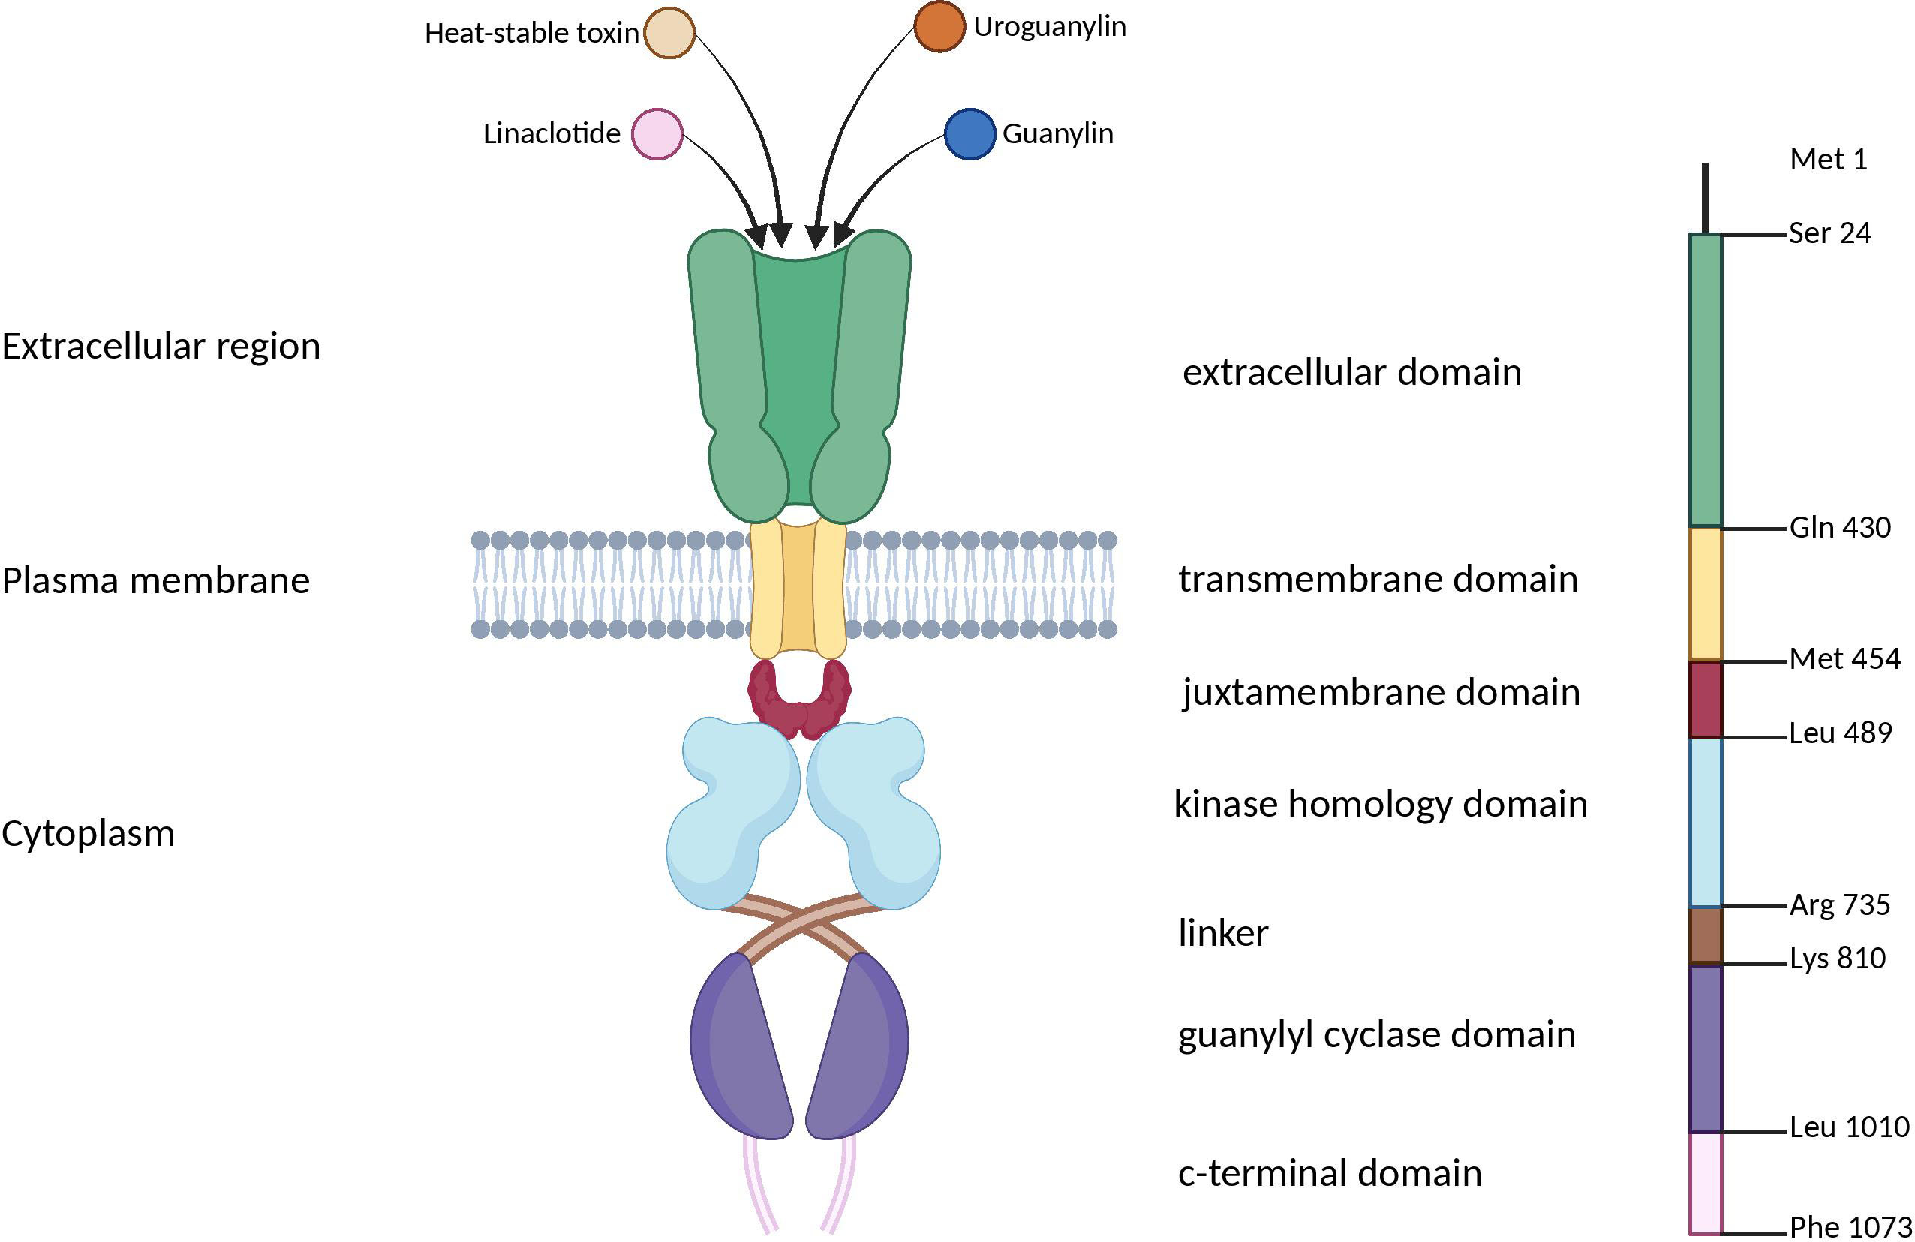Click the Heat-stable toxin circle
(x=669, y=33)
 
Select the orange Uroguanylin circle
(x=939, y=26)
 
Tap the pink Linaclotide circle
(x=657, y=134)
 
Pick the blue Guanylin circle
(x=970, y=134)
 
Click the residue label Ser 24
(x=1829, y=233)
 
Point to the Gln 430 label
(x=1839, y=528)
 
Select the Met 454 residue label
(x=1844, y=658)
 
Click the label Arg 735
(x=1839, y=905)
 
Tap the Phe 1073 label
(x=1850, y=1227)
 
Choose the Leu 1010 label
(x=1849, y=1126)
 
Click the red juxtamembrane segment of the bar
(x=1705, y=699)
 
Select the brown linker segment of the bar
(x=1705, y=934)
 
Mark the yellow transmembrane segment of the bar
(x=1705, y=594)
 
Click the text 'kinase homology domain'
(x=1381, y=805)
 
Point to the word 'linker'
(x=1223, y=933)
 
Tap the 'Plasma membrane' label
(x=155, y=580)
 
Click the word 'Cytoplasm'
(x=89, y=833)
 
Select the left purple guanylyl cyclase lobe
(x=740, y=1045)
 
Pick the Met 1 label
(x=1828, y=159)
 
